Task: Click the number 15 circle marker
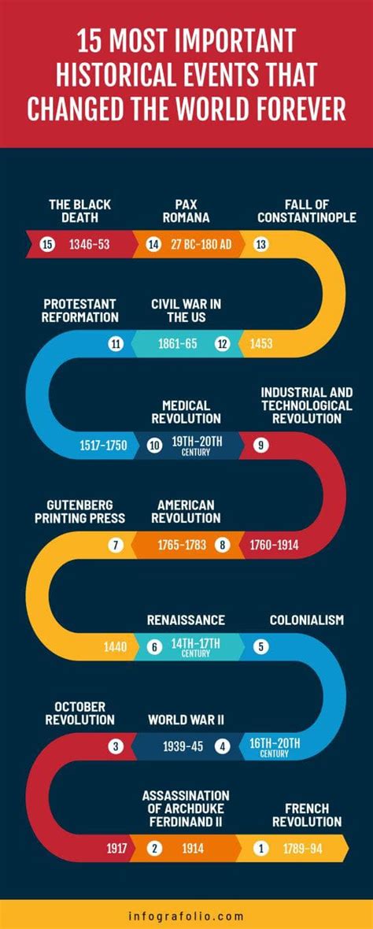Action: (x=47, y=244)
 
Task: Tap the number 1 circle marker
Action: (x=261, y=849)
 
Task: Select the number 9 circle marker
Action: (x=261, y=445)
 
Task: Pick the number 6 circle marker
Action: (x=155, y=647)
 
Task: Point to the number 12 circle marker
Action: (x=223, y=343)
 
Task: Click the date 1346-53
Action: (x=89, y=244)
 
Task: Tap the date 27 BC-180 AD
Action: (x=201, y=244)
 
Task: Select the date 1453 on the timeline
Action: (x=261, y=343)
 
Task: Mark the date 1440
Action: (x=115, y=647)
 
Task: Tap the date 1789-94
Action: (x=303, y=849)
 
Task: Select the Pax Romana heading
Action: (x=186, y=211)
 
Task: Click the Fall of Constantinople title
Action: (x=307, y=211)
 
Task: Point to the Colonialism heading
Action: (x=307, y=620)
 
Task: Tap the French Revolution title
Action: (x=307, y=815)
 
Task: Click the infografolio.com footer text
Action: (x=186, y=916)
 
